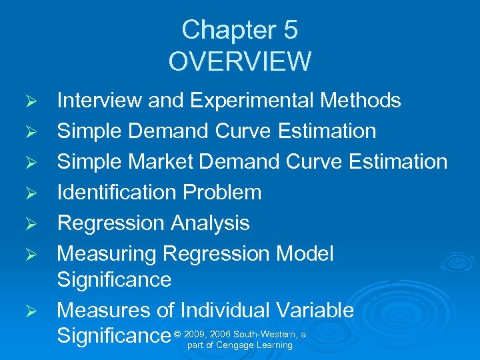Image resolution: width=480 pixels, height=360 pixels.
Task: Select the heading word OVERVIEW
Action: coord(240,61)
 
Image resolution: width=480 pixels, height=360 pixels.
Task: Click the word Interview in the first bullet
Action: coord(99,101)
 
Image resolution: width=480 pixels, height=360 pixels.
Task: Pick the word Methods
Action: coord(361,101)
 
